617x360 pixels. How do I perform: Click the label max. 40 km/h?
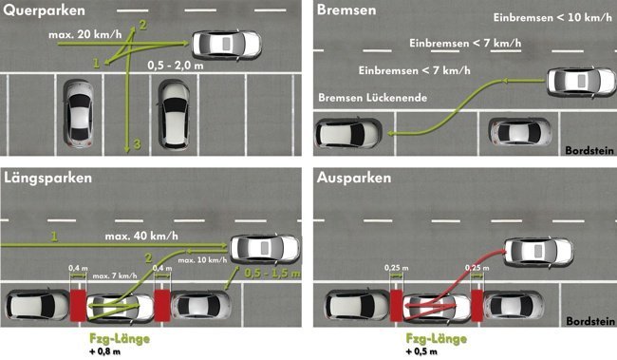point(139,234)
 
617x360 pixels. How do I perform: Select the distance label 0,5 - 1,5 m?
point(270,272)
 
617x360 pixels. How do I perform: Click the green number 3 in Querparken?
point(137,143)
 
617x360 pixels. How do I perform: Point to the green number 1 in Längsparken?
point(54,234)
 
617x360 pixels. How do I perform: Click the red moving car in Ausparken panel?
point(537,252)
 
